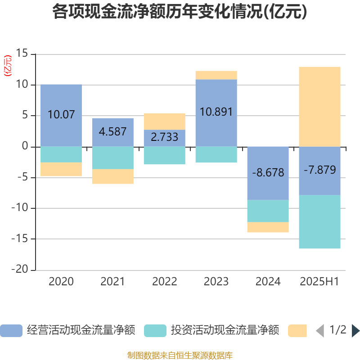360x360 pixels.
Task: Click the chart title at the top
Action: [x=180, y=12]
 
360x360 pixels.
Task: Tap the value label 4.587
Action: [x=112, y=132]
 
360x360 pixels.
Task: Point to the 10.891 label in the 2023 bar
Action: [x=216, y=112]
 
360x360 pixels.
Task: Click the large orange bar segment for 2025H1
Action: [x=319, y=106]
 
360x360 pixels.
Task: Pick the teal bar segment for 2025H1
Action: [x=319, y=222]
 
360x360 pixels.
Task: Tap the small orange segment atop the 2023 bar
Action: [x=216, y=75]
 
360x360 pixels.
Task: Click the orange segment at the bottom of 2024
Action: [x=268, y=227]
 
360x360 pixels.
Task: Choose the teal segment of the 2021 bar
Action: [x=112, y=157]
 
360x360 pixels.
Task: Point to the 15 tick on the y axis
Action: [x=22, y=54]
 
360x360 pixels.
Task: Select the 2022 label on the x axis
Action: [x=164, y=282]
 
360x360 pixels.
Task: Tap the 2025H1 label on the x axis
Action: [x=319, y=282]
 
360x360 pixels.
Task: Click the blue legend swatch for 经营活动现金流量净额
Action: [x=11, y=330]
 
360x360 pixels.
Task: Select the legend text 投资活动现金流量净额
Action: [x=225, y=330]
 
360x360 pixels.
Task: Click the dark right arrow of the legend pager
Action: [x=355, y=330]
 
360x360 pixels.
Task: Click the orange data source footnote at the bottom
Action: [x=180, y=355]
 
